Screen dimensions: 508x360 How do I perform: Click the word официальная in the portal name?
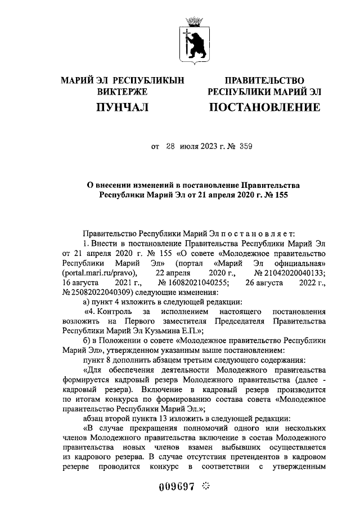[x=299, y=263]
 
